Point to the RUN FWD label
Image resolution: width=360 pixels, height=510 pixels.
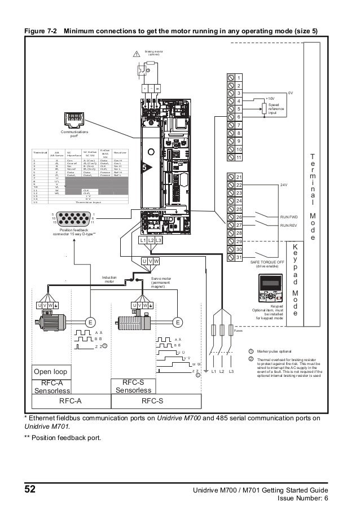click(x=289, y=217)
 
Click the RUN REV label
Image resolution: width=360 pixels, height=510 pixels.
click(x=289, y=225)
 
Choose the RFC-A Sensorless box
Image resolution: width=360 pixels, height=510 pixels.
click(x=52, y=386)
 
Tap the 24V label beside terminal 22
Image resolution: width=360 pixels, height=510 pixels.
click(x=283, y=184)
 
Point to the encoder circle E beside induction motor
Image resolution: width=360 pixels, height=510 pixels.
click(x=89, y=322)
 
